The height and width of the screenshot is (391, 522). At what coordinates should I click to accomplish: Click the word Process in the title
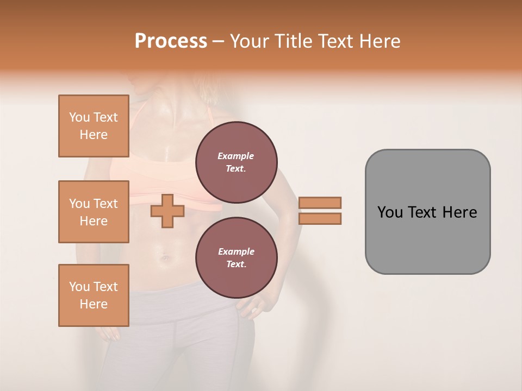171,41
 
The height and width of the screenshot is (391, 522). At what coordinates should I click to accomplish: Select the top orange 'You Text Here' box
94,126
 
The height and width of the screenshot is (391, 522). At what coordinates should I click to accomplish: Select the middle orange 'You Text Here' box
94,212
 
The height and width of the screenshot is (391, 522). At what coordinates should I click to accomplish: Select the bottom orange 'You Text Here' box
94,295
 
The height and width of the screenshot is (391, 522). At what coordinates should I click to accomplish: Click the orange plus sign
167,211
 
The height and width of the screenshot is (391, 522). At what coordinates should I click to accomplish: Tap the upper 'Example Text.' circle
236,162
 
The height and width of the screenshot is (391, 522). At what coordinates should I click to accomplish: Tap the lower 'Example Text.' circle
236,258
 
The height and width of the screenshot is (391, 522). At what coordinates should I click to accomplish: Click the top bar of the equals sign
320,203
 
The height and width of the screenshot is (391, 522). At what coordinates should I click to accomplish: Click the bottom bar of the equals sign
320,219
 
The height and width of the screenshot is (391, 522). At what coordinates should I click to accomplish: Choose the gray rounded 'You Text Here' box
427,212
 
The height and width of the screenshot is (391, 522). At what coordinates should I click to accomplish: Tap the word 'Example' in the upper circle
236,156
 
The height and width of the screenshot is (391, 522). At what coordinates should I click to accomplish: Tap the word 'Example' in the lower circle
236,252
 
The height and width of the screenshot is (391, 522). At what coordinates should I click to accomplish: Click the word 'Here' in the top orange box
94,135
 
